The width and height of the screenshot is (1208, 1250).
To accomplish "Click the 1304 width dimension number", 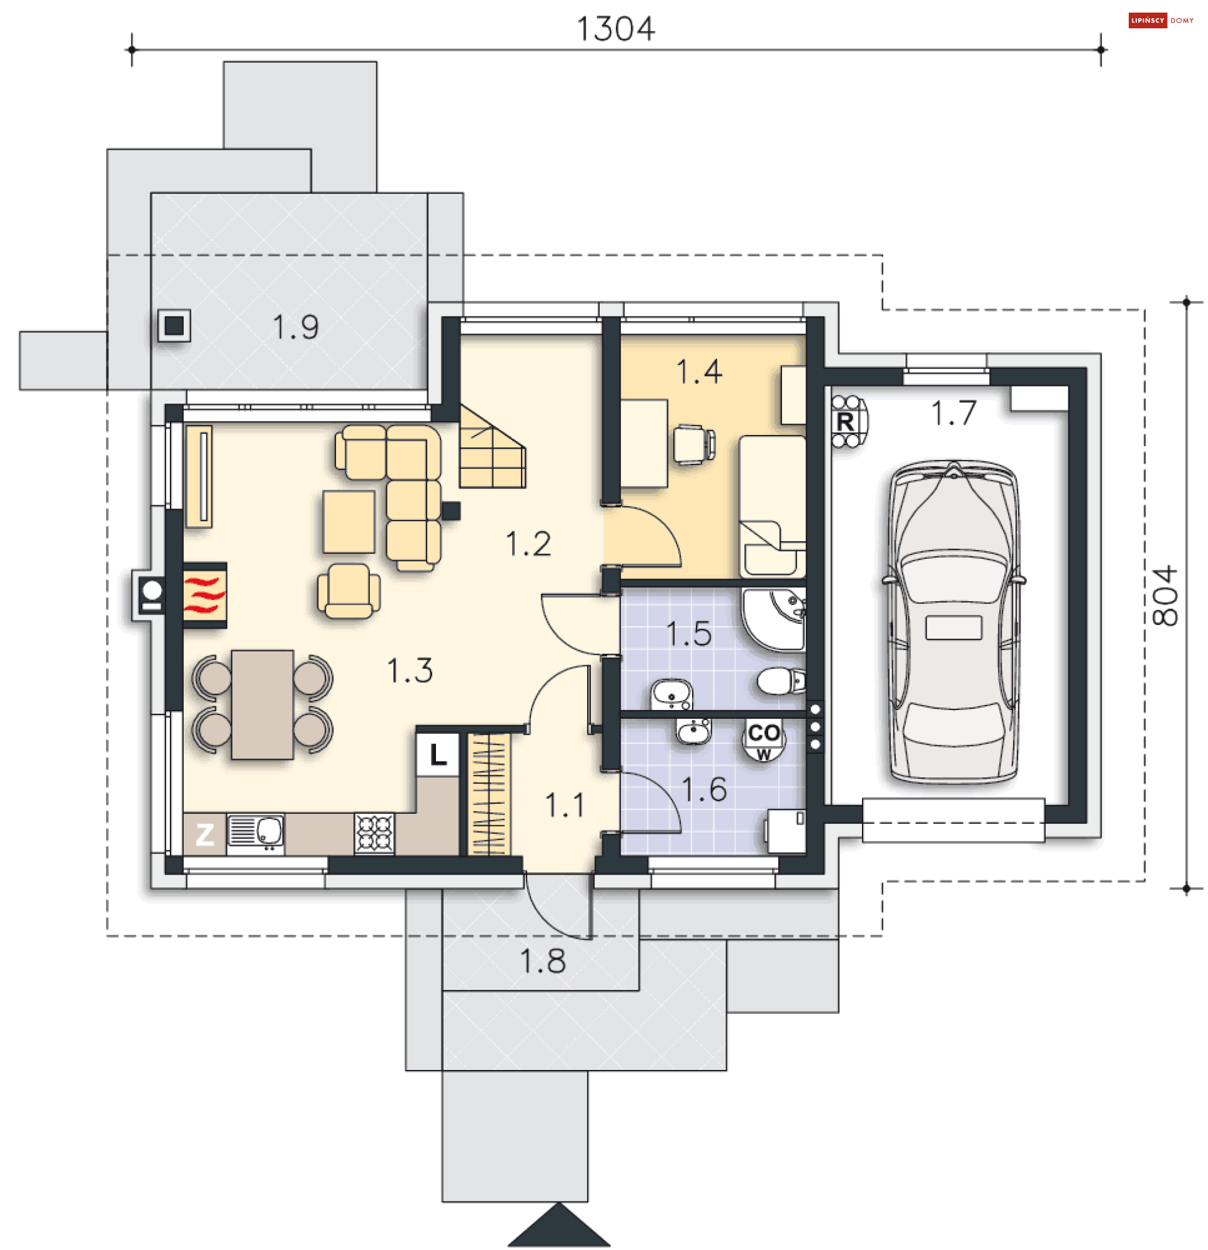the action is point(615,29).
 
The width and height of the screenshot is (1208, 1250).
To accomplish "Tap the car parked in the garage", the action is point(954,622).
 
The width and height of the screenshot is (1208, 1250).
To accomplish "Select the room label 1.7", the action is point(954,413).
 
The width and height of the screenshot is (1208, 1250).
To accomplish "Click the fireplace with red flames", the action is point(204,595).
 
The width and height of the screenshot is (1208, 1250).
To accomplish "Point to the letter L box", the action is point(437,755).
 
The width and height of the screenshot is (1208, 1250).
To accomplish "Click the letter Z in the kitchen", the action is point(204,834).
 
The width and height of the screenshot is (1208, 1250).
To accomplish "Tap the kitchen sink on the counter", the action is point(255,833).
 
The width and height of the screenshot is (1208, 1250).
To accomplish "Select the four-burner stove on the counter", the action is point(374,833).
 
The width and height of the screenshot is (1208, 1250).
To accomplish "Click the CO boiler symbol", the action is point(764,738).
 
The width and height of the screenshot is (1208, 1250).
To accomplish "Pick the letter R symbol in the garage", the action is point(846,422).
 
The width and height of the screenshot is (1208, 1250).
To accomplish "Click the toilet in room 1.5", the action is point(781,680).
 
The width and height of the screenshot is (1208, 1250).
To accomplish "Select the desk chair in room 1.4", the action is point(694,444).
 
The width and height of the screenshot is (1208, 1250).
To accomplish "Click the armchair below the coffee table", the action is point(349,590).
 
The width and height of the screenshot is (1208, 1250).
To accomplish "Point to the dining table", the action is point(262,705).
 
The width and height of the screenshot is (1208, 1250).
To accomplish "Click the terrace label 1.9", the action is point(295,327).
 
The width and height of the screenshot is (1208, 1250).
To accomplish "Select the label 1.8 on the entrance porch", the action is point(542,961).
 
